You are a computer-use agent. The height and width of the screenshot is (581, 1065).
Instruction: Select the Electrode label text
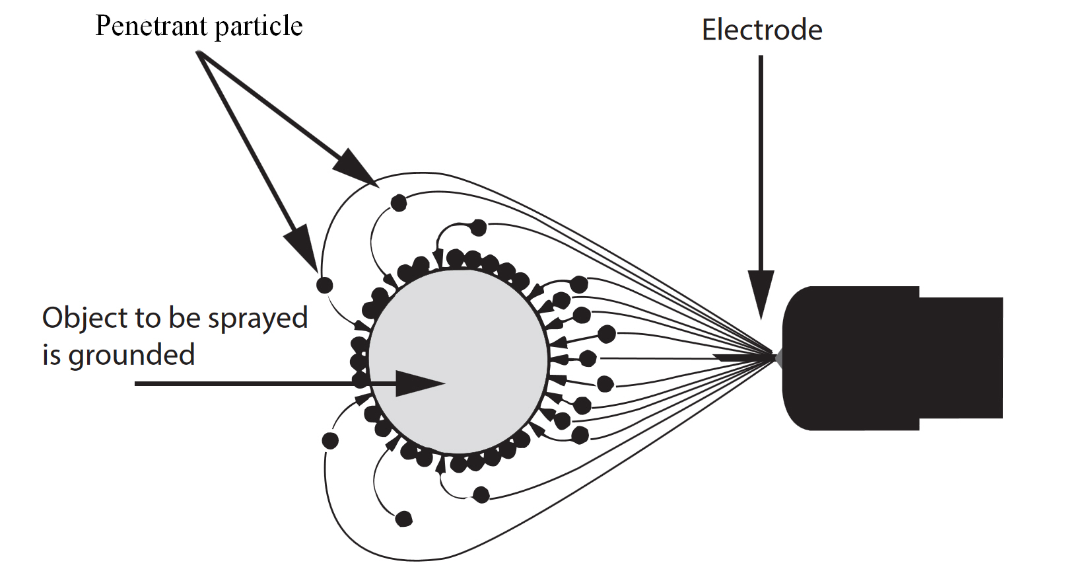(x=761, y=30)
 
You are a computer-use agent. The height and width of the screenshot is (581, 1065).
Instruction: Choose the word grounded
(x=131, y=356)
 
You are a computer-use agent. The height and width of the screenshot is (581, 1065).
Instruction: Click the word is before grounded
(x=51, y=356)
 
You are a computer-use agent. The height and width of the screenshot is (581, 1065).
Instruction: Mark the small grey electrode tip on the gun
(x=779, y=358)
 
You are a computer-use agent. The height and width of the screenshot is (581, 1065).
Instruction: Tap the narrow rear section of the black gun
(x=961, y=358)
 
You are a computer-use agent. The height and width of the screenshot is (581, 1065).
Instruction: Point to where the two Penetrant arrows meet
(x=199, y=54)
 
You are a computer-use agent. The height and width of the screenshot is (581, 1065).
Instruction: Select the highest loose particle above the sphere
(x=399, y=203)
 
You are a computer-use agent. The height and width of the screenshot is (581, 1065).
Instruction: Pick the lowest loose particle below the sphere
(x=403, y=519)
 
